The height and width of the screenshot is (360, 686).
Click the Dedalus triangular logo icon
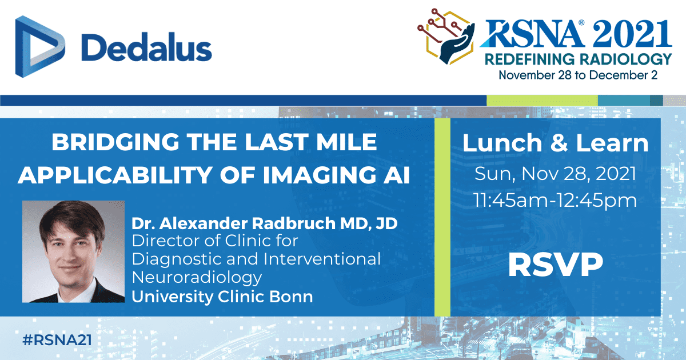40,46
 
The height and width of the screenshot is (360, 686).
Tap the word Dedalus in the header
146,47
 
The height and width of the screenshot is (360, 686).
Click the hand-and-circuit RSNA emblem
446,36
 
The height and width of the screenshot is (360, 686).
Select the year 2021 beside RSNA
632,34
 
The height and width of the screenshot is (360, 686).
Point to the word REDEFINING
530,59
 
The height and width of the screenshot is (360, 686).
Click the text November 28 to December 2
578,75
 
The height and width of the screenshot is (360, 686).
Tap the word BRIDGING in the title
115,142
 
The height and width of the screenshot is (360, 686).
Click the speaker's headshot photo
74,251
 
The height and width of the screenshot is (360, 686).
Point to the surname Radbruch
293,223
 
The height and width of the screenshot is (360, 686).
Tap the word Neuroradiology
197,278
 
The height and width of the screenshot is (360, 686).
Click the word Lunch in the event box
502,143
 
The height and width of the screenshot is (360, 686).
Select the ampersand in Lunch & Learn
559,143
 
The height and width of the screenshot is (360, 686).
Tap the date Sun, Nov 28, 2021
555,174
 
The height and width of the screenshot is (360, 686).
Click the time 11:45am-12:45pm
555,200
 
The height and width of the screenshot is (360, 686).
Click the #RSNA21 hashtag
57,340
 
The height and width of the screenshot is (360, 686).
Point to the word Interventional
322,259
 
